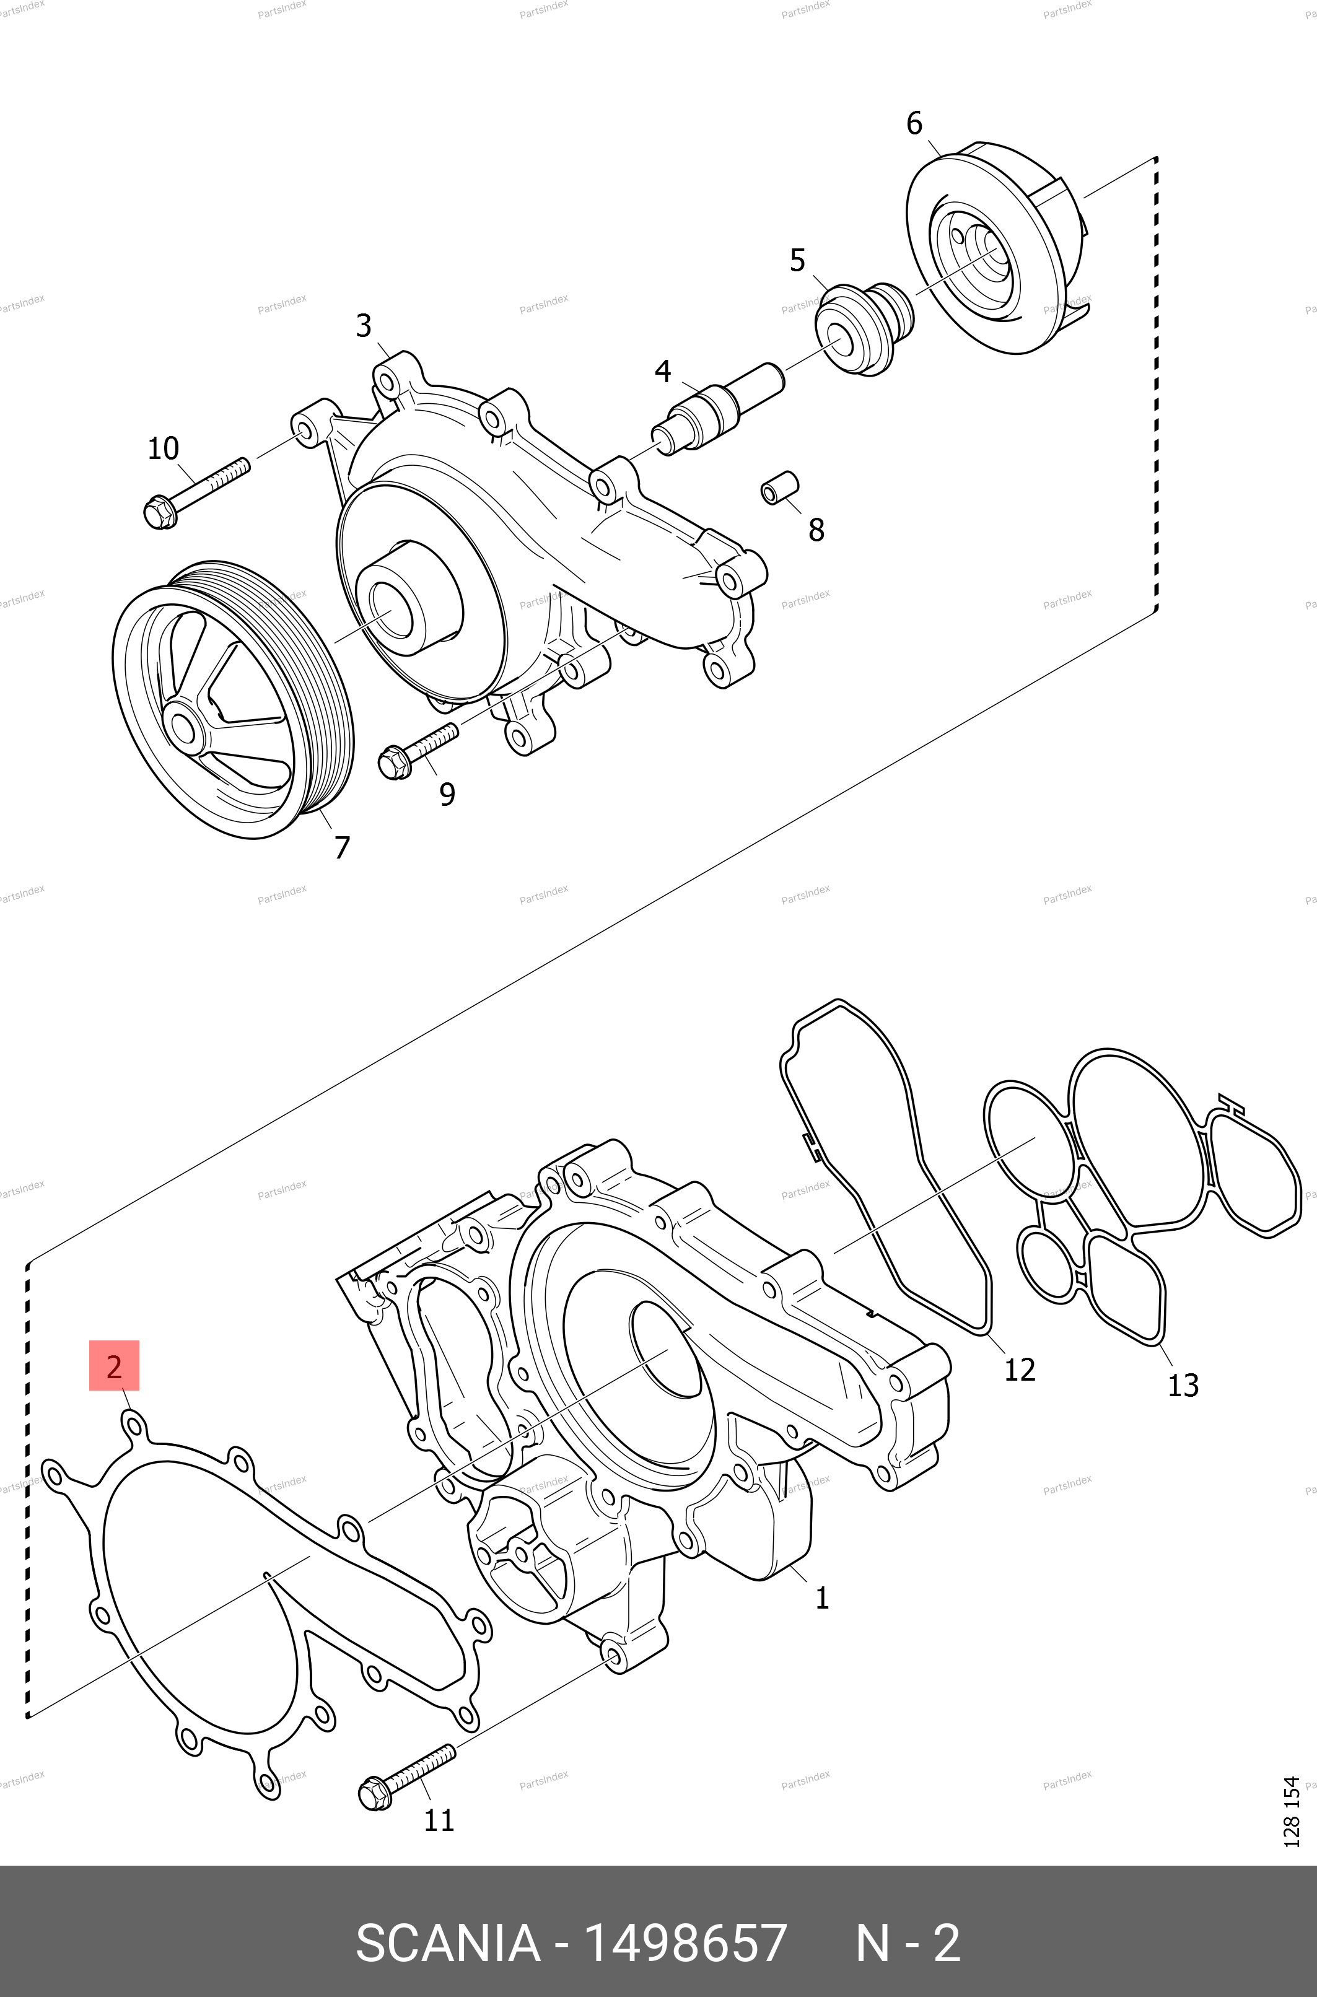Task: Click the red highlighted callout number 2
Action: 114,1366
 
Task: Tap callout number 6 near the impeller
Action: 914,123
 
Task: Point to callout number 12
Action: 1020,1370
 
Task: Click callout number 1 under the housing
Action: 822,1597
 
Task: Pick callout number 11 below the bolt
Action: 439,1820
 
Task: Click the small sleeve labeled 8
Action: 779,489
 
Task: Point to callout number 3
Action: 363,326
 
